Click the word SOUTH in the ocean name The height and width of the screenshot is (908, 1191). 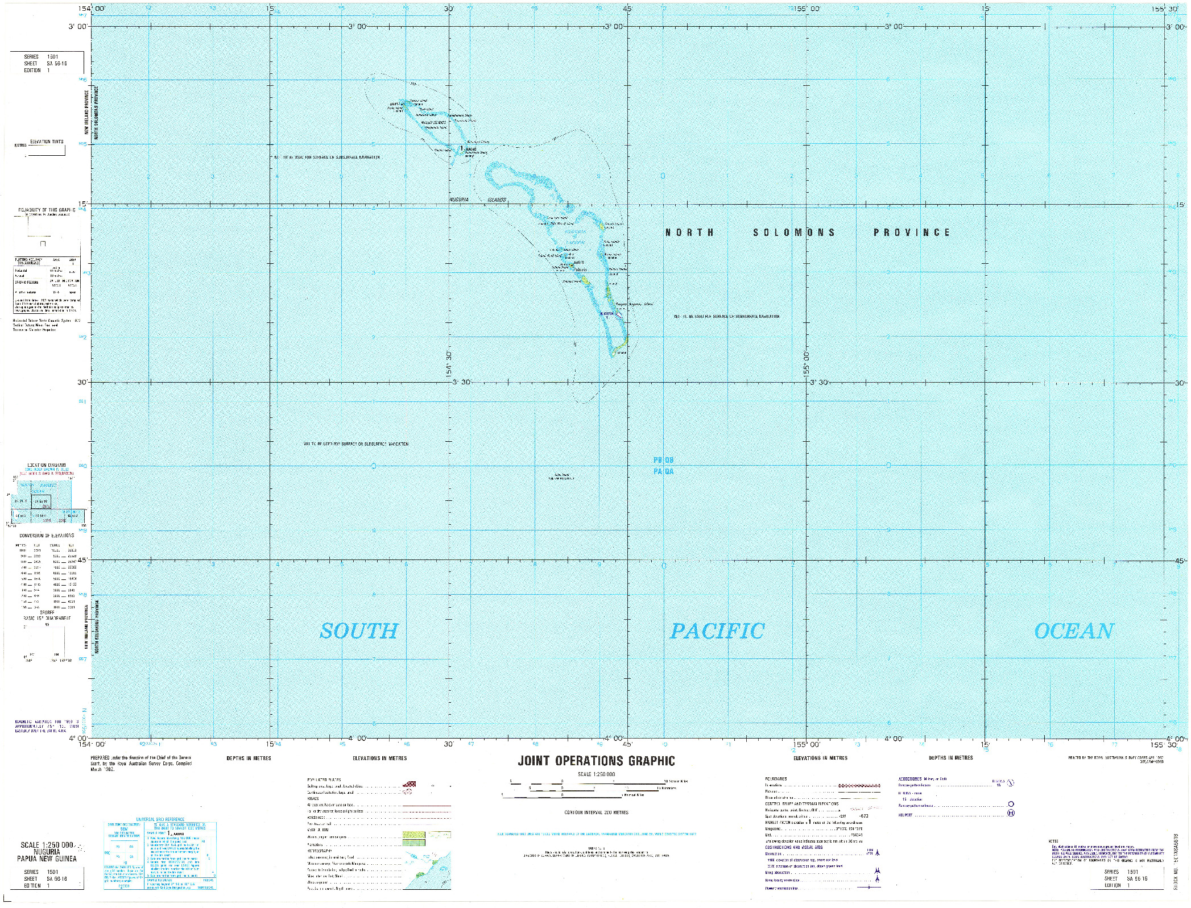[358, 631]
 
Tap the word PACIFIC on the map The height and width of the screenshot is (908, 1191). [717, 631]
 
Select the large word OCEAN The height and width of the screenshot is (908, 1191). [1073, 631]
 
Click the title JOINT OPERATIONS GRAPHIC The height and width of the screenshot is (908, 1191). [596, 761]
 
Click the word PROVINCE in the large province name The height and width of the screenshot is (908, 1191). [912, 233]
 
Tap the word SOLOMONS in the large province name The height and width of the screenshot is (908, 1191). [794, 233]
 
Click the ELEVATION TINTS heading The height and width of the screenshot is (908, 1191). [47, 142]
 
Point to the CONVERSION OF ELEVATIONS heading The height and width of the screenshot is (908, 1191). [47, 536]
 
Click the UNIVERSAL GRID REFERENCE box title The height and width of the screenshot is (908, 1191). [161, 819]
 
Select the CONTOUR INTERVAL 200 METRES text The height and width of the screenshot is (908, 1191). [596, 812]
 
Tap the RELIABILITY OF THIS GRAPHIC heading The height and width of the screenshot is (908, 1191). [47, 211]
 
